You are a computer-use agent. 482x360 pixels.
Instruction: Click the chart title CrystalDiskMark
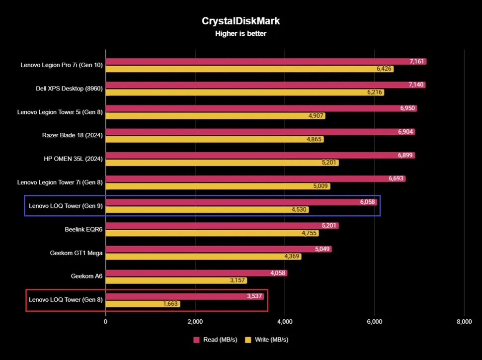(241, 21)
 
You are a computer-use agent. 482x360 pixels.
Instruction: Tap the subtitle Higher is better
(241, 34)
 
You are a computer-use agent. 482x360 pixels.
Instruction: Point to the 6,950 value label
(407, 108)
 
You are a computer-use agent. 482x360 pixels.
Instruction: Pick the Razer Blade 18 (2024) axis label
(72, 135)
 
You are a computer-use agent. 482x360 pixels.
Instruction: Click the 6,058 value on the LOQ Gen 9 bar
(367, 202)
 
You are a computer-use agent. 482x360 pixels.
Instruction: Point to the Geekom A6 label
(87, 276)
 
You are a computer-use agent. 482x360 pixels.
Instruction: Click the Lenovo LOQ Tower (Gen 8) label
(66, 299)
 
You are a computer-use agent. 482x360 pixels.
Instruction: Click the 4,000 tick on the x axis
(285, 322)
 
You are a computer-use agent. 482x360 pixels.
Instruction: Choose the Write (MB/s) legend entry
(267, 340)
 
